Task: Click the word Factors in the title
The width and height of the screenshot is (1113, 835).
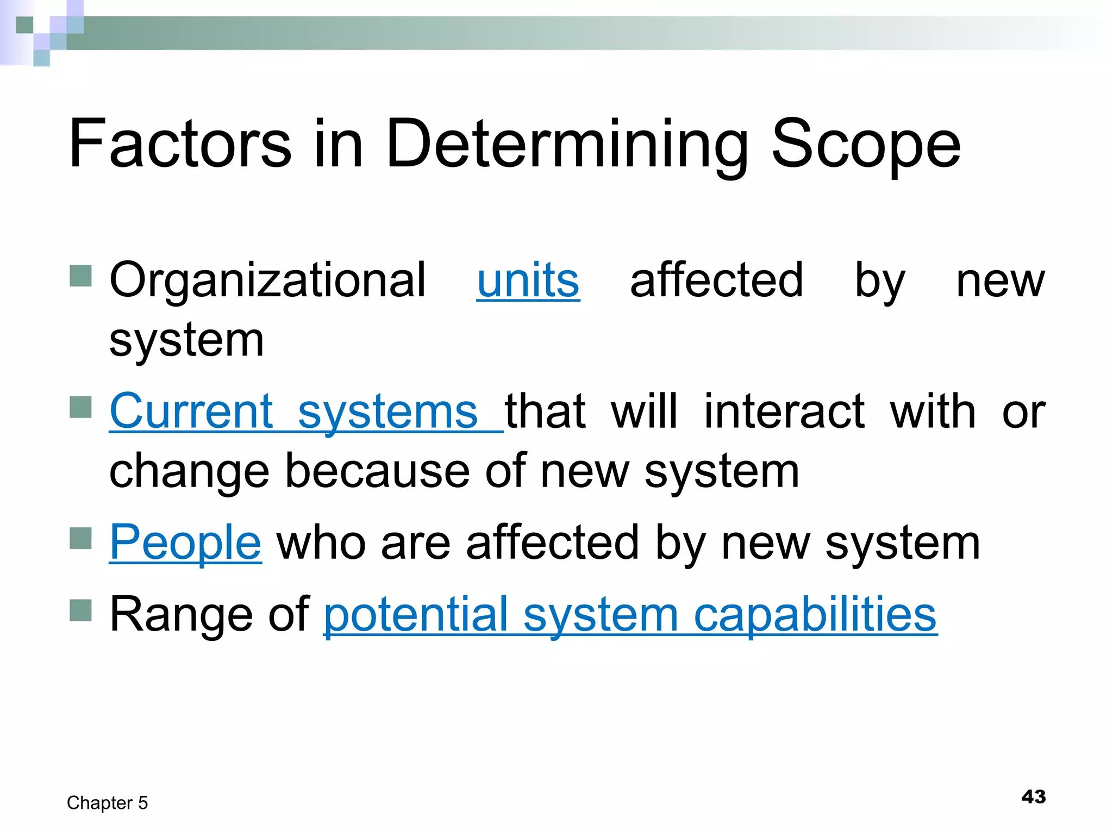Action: tap(180, 144)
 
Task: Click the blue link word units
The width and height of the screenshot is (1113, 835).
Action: tap(528, 280)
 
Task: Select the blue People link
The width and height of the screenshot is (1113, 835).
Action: tap(185, 543)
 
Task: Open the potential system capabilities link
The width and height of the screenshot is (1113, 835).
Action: tap(630, 615)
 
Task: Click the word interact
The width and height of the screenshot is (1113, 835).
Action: tap(784, 412)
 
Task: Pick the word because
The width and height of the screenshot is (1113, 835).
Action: tap(377, 471)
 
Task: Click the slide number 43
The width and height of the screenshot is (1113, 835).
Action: tap(1033, 797)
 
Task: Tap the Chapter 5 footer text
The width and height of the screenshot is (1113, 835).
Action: tap(107, 803)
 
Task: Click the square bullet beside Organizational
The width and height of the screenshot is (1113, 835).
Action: tap(81, 276)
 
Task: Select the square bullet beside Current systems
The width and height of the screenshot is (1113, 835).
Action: tap(81, 407)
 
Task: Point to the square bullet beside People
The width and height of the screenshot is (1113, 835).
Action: tap(81, 538)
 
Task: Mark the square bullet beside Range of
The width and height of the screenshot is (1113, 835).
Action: tap(81, 610)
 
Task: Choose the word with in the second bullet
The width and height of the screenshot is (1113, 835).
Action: tap(933, 412)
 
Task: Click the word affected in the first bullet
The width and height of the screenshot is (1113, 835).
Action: tap(716, 280)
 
